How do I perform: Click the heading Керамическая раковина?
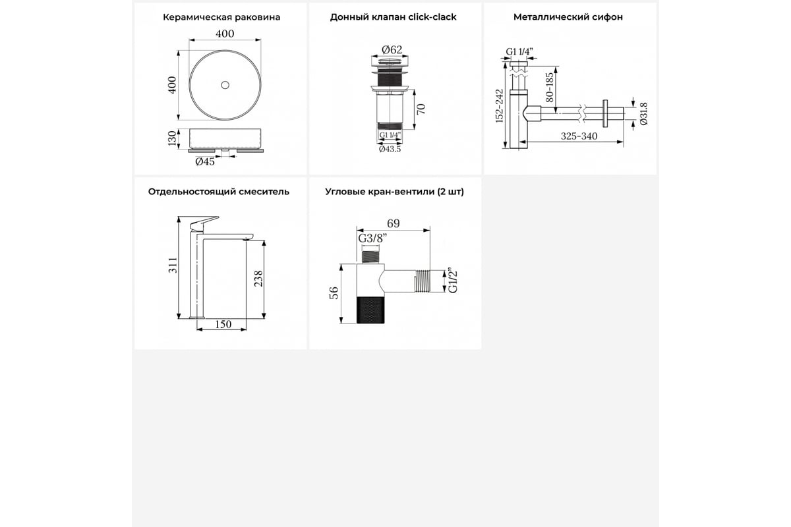click(x=221, y=17)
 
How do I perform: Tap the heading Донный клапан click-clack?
click(x=393, y=17)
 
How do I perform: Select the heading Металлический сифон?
click(x=568, y=17)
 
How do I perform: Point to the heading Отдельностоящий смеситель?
click(x=219, y=192)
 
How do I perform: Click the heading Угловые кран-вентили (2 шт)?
click(x=394, y=192)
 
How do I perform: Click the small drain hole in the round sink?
click(x=225, y=85)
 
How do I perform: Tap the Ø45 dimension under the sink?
click(x=205, y=161)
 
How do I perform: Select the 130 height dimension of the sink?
click(x=172, y=138)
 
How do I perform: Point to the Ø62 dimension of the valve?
click(x=392, y=50)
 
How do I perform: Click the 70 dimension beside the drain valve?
click(x=421, y=109)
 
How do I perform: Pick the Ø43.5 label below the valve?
click(x=390, y=149)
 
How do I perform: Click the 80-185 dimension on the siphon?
click(x=550, y=87)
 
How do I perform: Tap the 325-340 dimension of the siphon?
click(x=579, y=136)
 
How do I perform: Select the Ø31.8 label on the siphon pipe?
click(x=644, y=114)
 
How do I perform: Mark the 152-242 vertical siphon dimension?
click(x=499, y=106)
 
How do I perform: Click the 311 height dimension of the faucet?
click(x=173, y=265)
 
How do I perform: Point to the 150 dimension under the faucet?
click(x=223, y=324)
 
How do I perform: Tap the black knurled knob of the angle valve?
click(x=370, y=310)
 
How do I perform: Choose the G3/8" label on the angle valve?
click(x=372, y=238)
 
